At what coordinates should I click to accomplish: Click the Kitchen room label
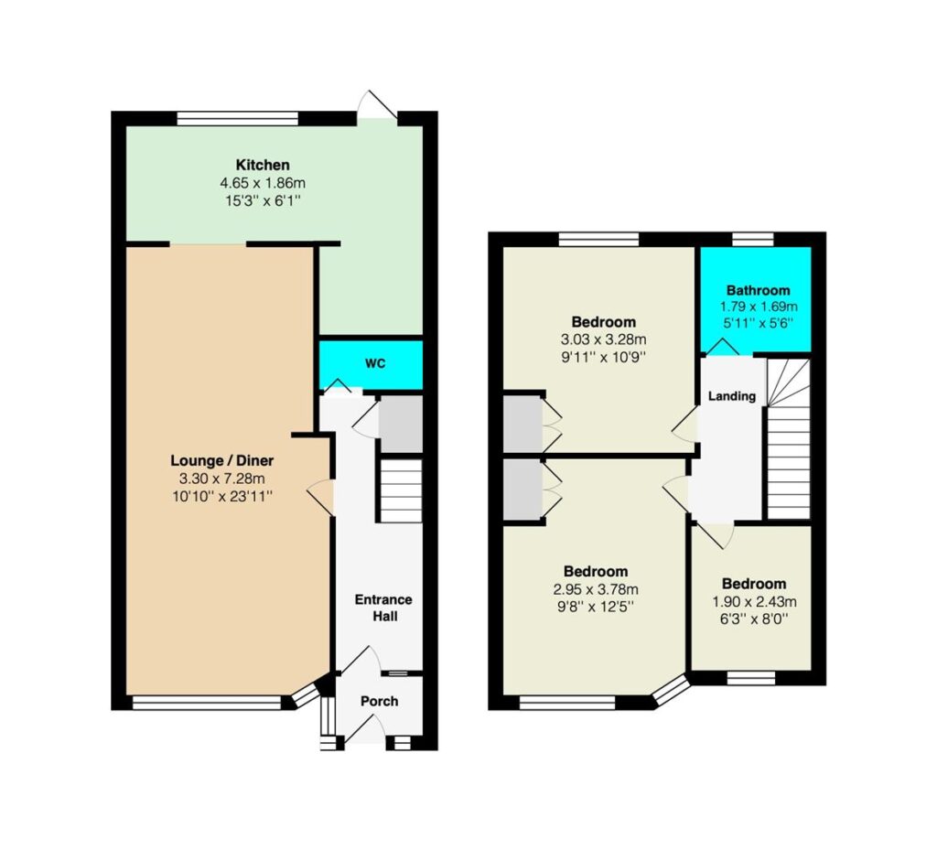tap(263, 165)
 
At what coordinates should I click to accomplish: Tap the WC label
tap(375, 363)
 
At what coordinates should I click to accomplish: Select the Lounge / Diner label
tap(221, 460)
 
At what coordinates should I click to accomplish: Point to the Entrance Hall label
tap(383, 608)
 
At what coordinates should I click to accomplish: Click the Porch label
tap(379, 701)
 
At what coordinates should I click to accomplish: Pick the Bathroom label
tap(758, 290)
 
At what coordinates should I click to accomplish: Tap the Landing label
tap(731, 396)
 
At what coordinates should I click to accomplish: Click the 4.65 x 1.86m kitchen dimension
tap(263, 183)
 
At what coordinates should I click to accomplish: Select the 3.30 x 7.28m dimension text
tap(221, 478)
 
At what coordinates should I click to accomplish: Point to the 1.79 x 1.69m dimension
tap(758, 307)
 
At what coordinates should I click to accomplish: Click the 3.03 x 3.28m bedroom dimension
tap(603, 340)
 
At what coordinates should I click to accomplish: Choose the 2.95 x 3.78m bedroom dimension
tap(595, 589)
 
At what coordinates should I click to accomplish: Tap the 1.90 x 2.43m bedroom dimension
tap(754, 602)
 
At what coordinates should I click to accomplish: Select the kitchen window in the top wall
tap(237, 118)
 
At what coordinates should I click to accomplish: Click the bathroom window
tap(753, 239)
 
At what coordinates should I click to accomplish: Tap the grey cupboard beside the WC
tap(401, 424)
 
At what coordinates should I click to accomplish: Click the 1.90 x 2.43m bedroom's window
tap(750, 678)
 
